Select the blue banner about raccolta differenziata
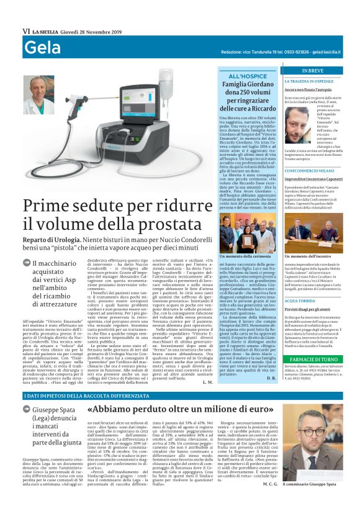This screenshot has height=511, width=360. (x=180, y=396)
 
